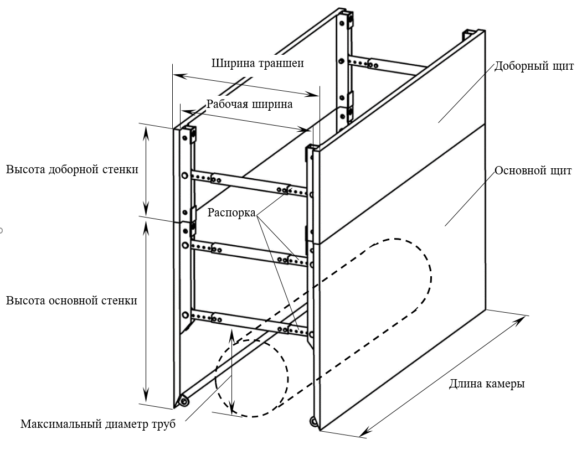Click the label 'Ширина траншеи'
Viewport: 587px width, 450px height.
point(258,63)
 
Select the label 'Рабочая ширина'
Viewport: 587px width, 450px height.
point(249,104)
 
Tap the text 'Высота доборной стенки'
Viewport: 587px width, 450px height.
point(71,169)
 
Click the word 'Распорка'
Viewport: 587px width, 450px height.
point(231,213)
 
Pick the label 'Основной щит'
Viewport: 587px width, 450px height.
point(533,170)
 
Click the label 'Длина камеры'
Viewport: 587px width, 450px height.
point(487,384)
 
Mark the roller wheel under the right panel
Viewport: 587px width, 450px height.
point(314,422)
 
